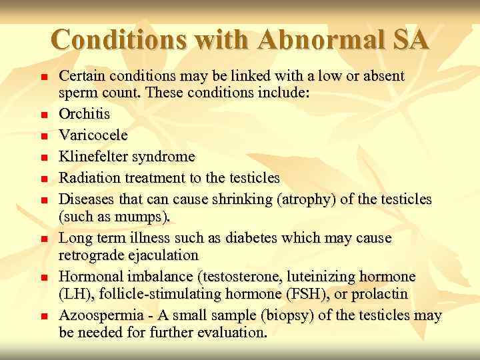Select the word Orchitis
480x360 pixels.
(x=85, y=114)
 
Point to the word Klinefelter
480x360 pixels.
(x=97, y=157)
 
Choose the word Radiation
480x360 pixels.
(x=89, y=178)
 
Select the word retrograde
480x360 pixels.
(x=91, y=255)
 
